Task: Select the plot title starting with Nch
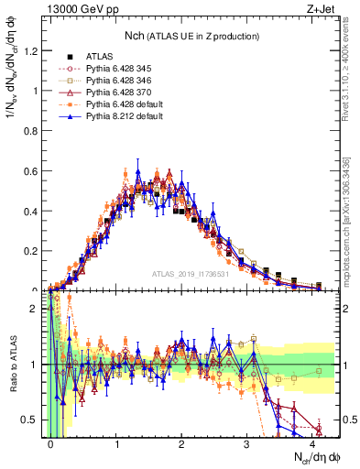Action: click(x=191, y=36)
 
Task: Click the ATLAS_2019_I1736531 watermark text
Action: click(x=217, y=273)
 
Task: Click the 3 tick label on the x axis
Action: click(x=247, y=443)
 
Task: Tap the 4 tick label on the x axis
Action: click(x=312, y=443)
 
